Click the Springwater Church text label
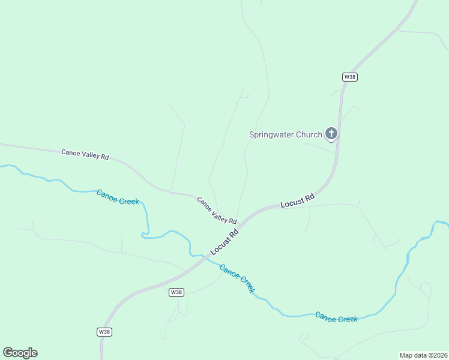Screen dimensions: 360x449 286,134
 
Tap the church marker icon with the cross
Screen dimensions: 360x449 331,133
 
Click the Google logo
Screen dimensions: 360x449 20,353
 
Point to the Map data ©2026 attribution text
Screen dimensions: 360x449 423,355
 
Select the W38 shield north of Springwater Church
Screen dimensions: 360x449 350,77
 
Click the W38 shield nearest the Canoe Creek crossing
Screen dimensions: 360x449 176,292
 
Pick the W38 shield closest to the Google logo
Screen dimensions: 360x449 104,332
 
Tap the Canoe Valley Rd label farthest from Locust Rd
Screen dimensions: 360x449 85,154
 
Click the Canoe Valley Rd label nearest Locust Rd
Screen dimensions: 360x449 217,210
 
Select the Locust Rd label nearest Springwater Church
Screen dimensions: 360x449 298,201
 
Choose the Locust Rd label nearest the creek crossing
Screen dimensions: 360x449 224,242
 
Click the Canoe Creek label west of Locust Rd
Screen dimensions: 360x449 118,197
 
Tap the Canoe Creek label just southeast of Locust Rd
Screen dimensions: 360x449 237,278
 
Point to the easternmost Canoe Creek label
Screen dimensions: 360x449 336,317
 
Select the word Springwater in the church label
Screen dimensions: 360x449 273,134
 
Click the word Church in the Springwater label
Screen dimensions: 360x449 310,134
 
